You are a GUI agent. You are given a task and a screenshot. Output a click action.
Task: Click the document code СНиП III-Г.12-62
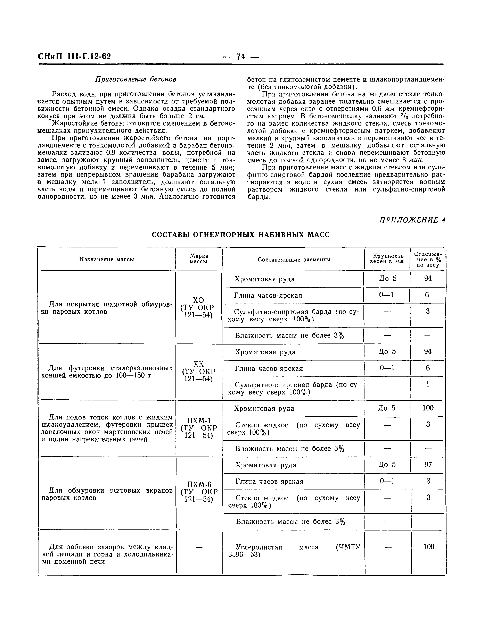pyautogui.click(x=74, y=56)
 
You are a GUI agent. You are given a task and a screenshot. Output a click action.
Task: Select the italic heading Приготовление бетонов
pyautogui.click(x=136, y=79)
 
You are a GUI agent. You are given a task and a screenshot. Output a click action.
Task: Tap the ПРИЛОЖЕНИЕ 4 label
pyautogui.click(x=412, y=220)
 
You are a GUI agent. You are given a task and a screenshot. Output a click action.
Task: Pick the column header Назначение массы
pyautogui.click(x=107, y=259)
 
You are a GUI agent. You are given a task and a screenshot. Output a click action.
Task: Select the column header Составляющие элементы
pyautogui.click(x=294, y=259)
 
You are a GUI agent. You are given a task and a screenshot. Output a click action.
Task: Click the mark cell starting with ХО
pyautogui.click(x=198, y=308)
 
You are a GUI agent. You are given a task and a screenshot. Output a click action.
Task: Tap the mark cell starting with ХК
pyautogui.click(x=199, y=372)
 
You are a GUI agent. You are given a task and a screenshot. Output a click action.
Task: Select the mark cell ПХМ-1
pyautogui.click(x=199, y=428)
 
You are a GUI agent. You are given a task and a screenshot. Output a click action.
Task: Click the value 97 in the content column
pyautogui.click(x=428, y=465)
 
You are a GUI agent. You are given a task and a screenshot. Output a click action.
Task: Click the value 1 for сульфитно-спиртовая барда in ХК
pyautogui.click(x=428, y=384)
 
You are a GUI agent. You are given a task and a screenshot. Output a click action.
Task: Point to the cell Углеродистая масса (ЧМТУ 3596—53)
pyautogui.click(x=294, y=551)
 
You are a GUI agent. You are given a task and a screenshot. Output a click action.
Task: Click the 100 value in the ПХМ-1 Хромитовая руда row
pyautogui.click(x=428, y=408)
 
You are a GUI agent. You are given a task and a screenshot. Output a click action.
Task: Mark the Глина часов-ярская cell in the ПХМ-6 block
pyautogui.click(x=269, y=481)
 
